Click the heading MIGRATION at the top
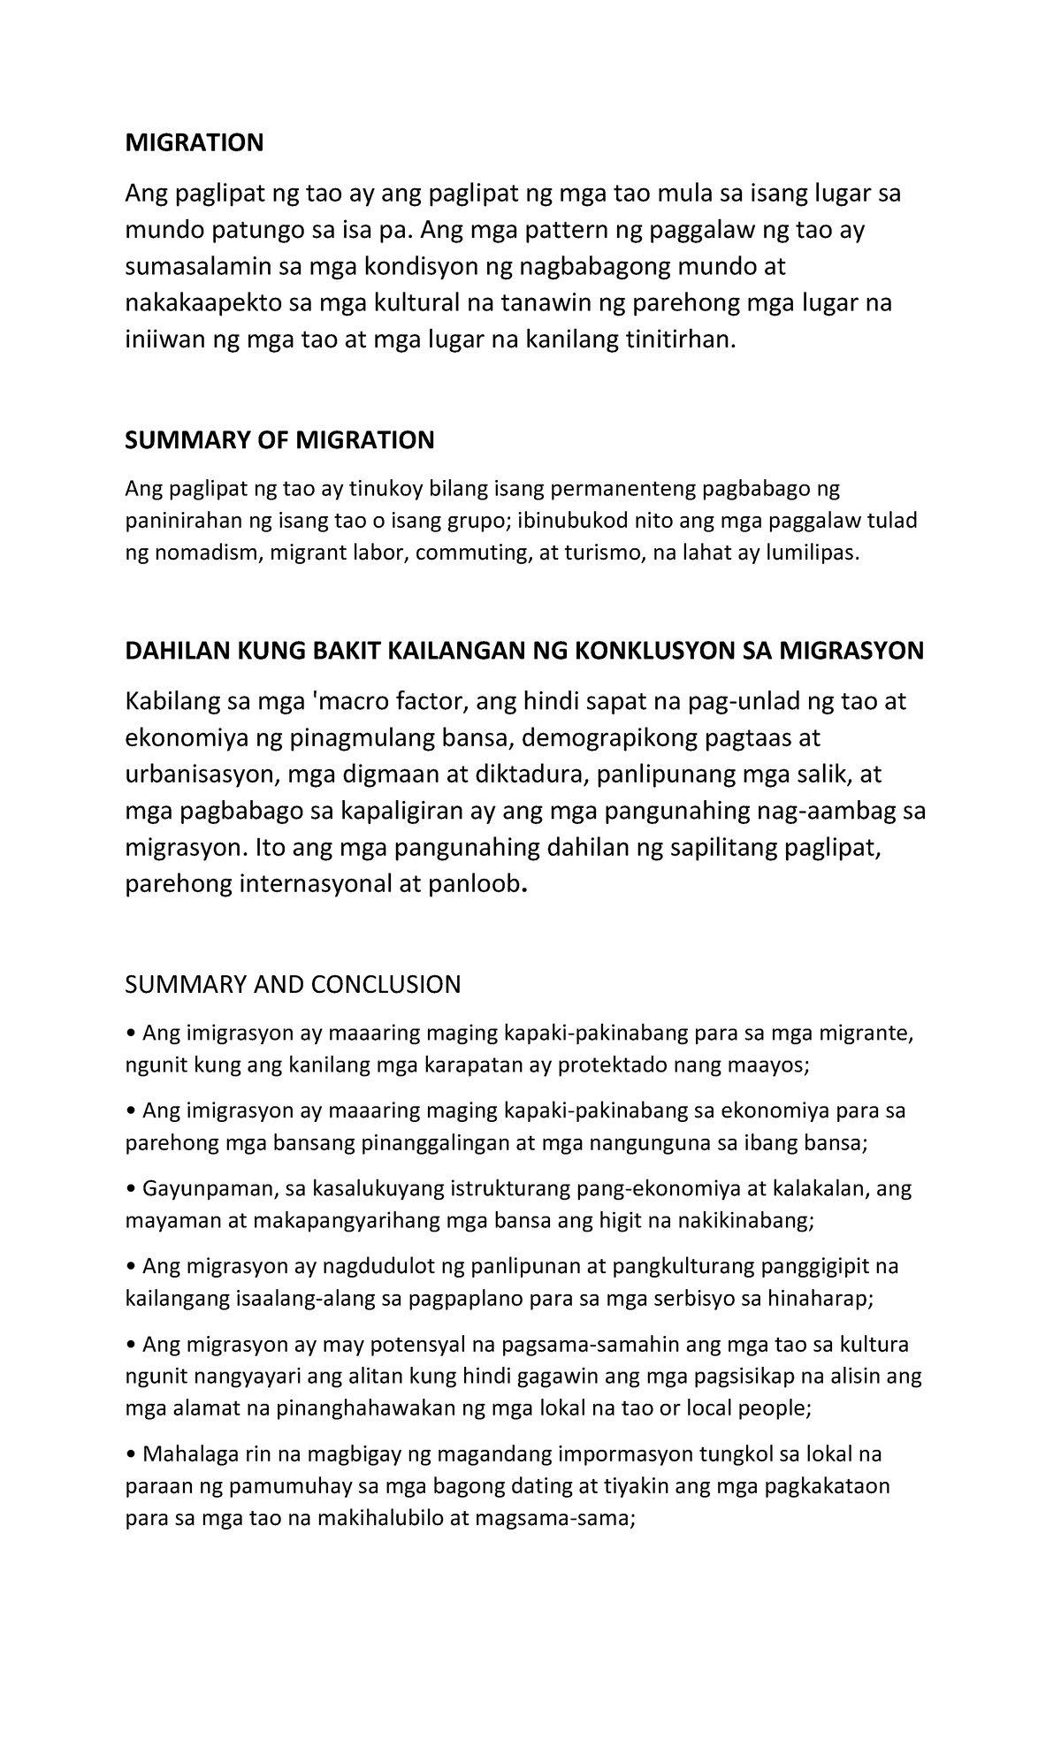click(x=194, y=142)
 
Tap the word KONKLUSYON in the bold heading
click(x=635, y=652)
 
